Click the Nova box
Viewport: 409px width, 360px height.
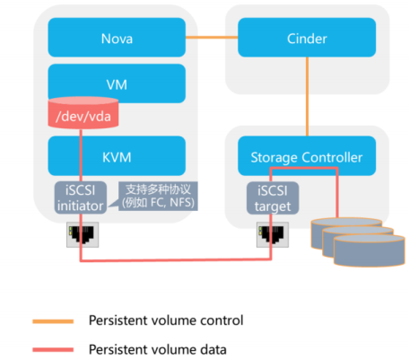point(117,39)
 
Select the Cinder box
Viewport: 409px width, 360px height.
point(307,39)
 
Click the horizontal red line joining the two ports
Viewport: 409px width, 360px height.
point(176,260)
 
